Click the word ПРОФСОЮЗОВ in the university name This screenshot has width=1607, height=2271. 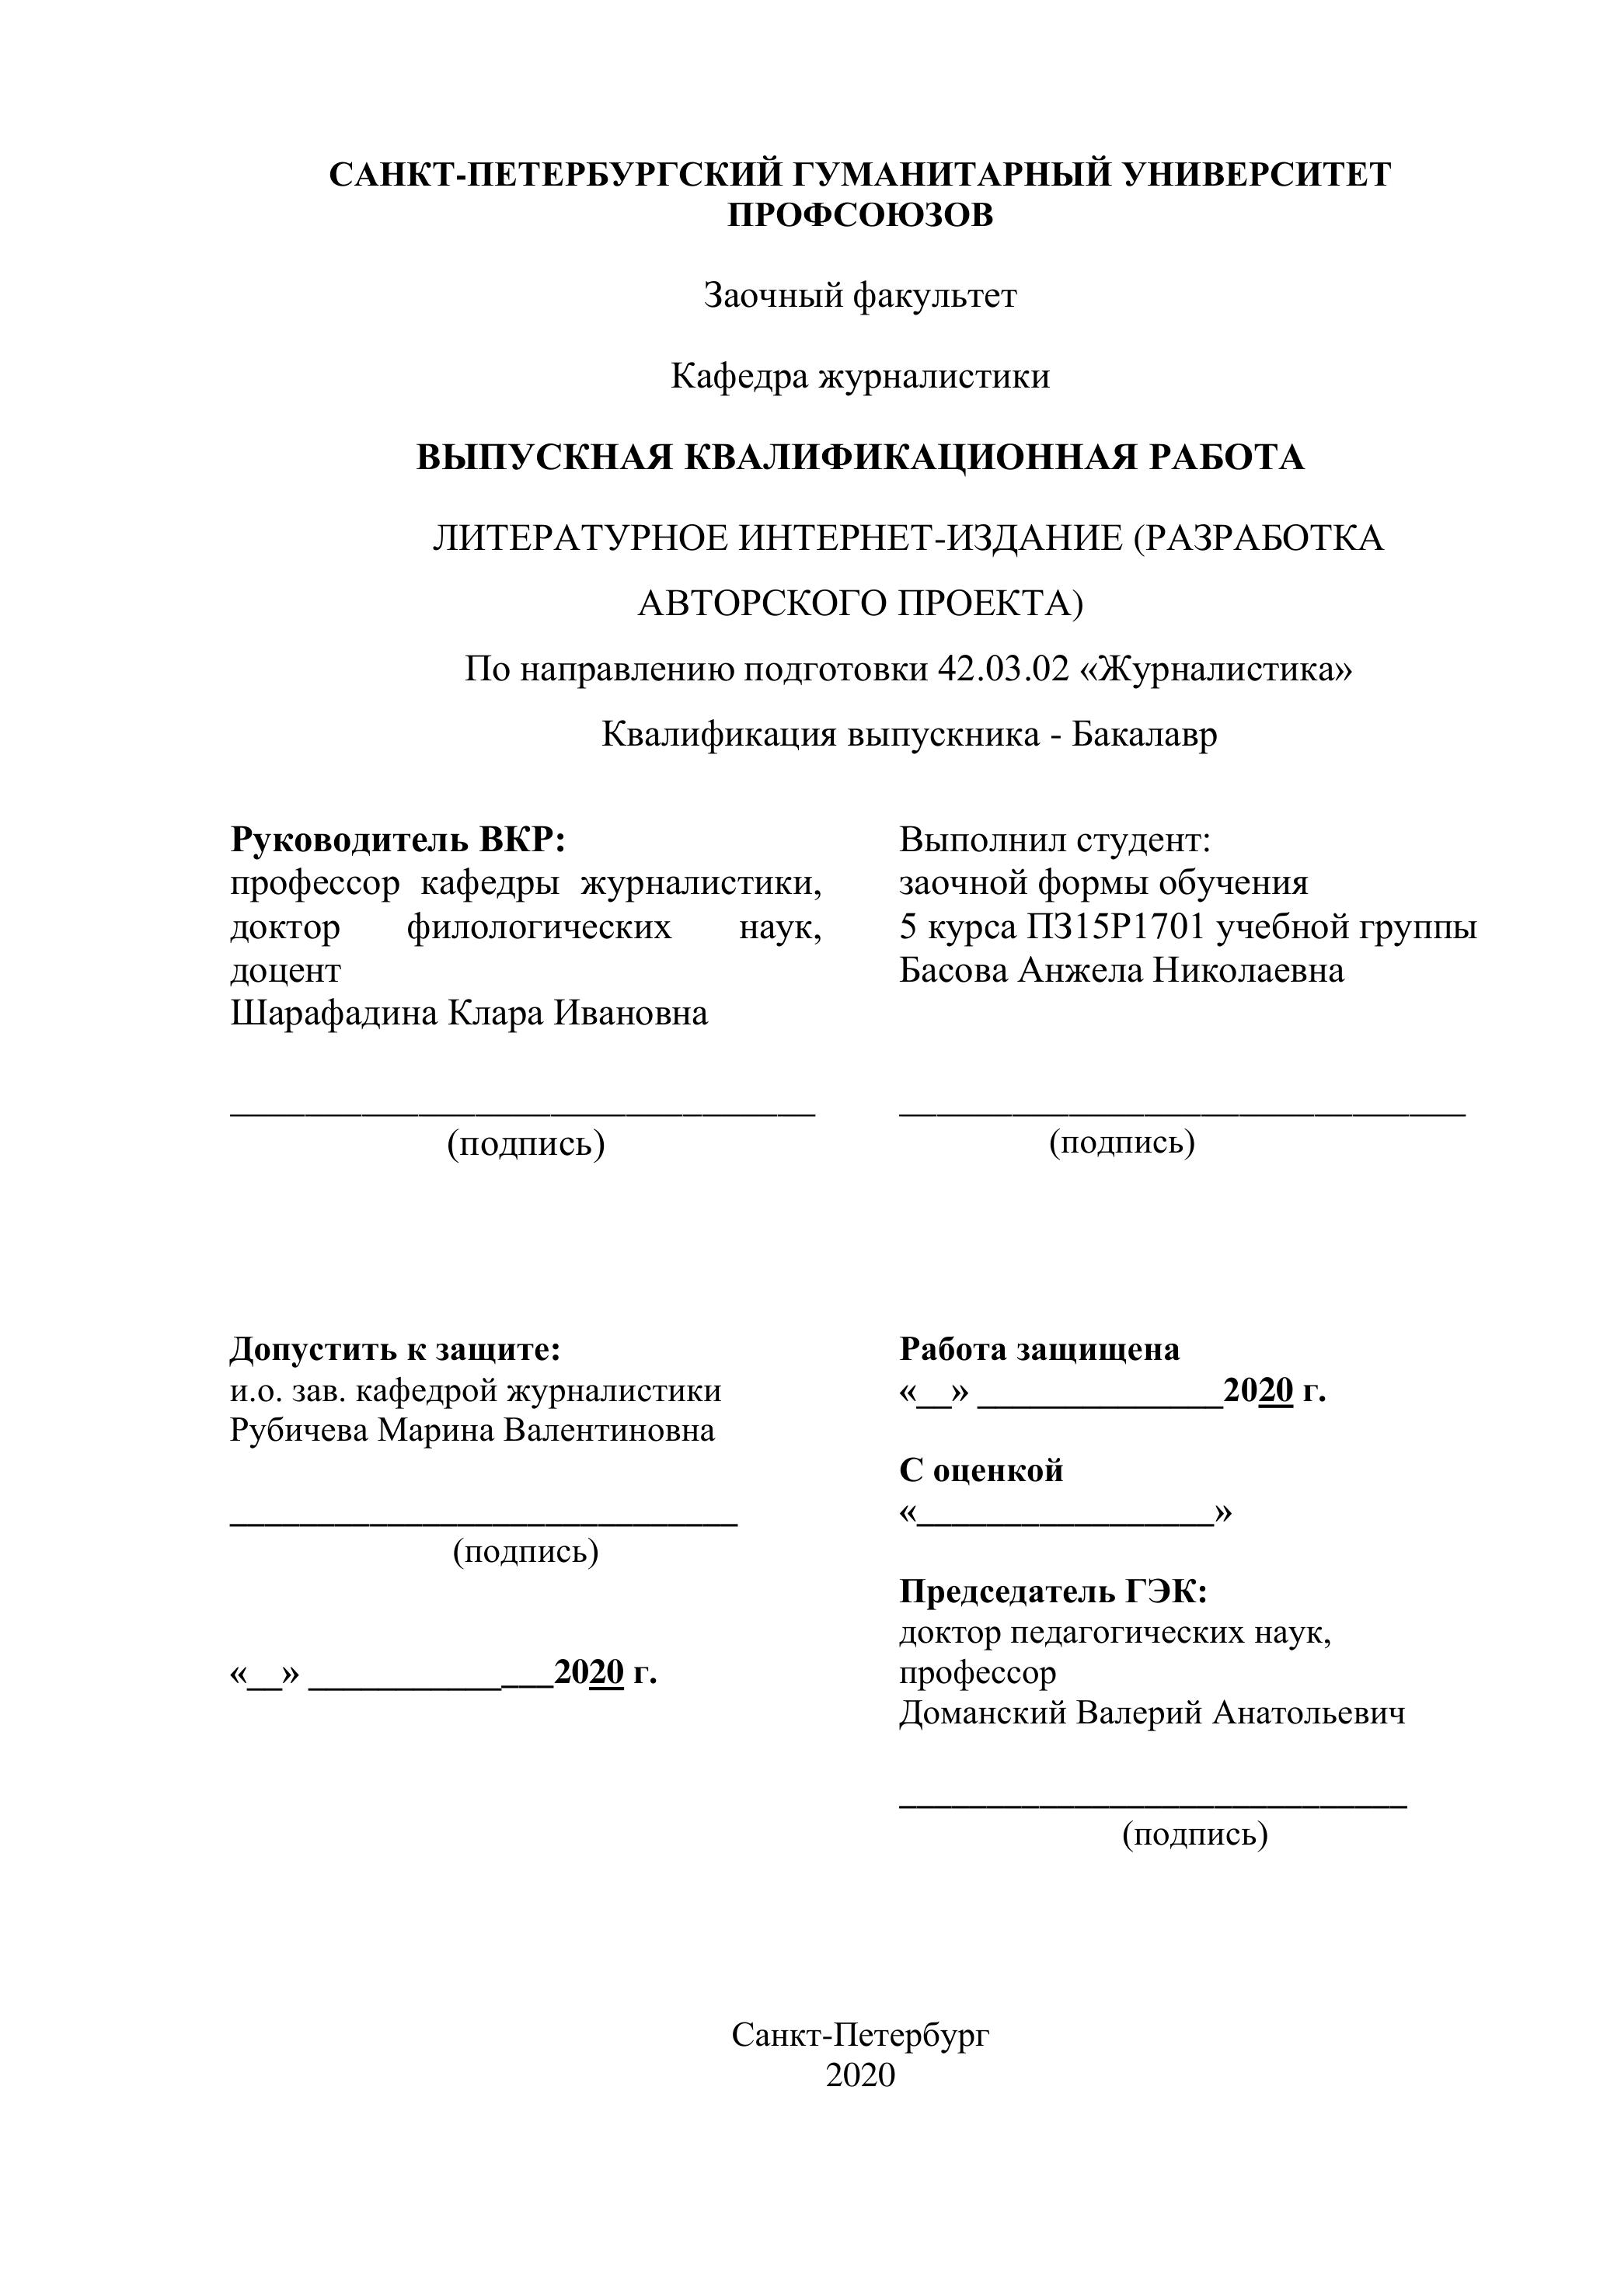[x=860, y=214]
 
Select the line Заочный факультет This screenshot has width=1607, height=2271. [x=860, y=295]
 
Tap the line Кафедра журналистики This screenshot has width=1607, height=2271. [x=860, y=376]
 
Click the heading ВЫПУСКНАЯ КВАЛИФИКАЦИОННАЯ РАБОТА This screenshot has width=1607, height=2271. [x=860, y=457]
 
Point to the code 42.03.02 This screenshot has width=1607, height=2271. [x=1002, y=669]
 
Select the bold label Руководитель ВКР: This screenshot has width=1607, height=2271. [x=398, y=840]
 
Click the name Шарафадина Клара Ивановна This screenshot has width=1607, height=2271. [x=469, y=1013]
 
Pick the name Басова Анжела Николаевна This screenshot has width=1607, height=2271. [x=1121, y=970]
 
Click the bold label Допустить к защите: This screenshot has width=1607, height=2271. [x=395, y=1348]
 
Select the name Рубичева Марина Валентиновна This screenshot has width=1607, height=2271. [x=472, y=1431]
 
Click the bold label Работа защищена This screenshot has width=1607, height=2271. [x=1039, y=1348]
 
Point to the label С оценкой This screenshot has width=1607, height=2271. [x=981, y=1469]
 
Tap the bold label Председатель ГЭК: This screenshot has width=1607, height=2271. [x=1053, y=1591]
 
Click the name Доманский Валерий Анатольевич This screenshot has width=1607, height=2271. [x=1152, y=1712]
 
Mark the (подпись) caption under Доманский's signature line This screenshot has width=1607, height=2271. [x=1194, y=1835]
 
